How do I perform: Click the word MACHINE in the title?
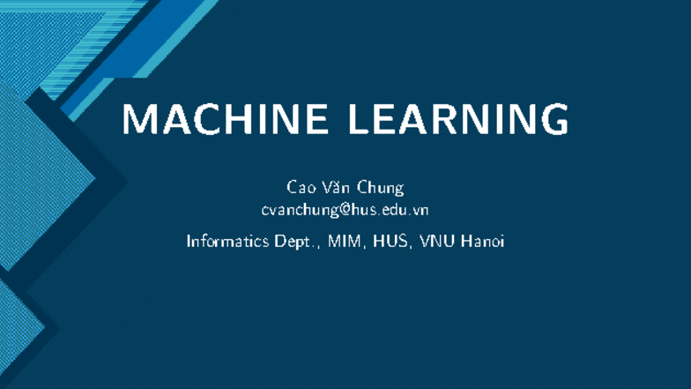point(227,120)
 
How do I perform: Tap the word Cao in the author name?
point(300,188)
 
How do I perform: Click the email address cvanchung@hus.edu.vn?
point(345,210)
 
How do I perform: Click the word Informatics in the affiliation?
point(228,240)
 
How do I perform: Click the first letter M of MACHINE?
point(138,120)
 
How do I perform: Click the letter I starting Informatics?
point(189,240)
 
